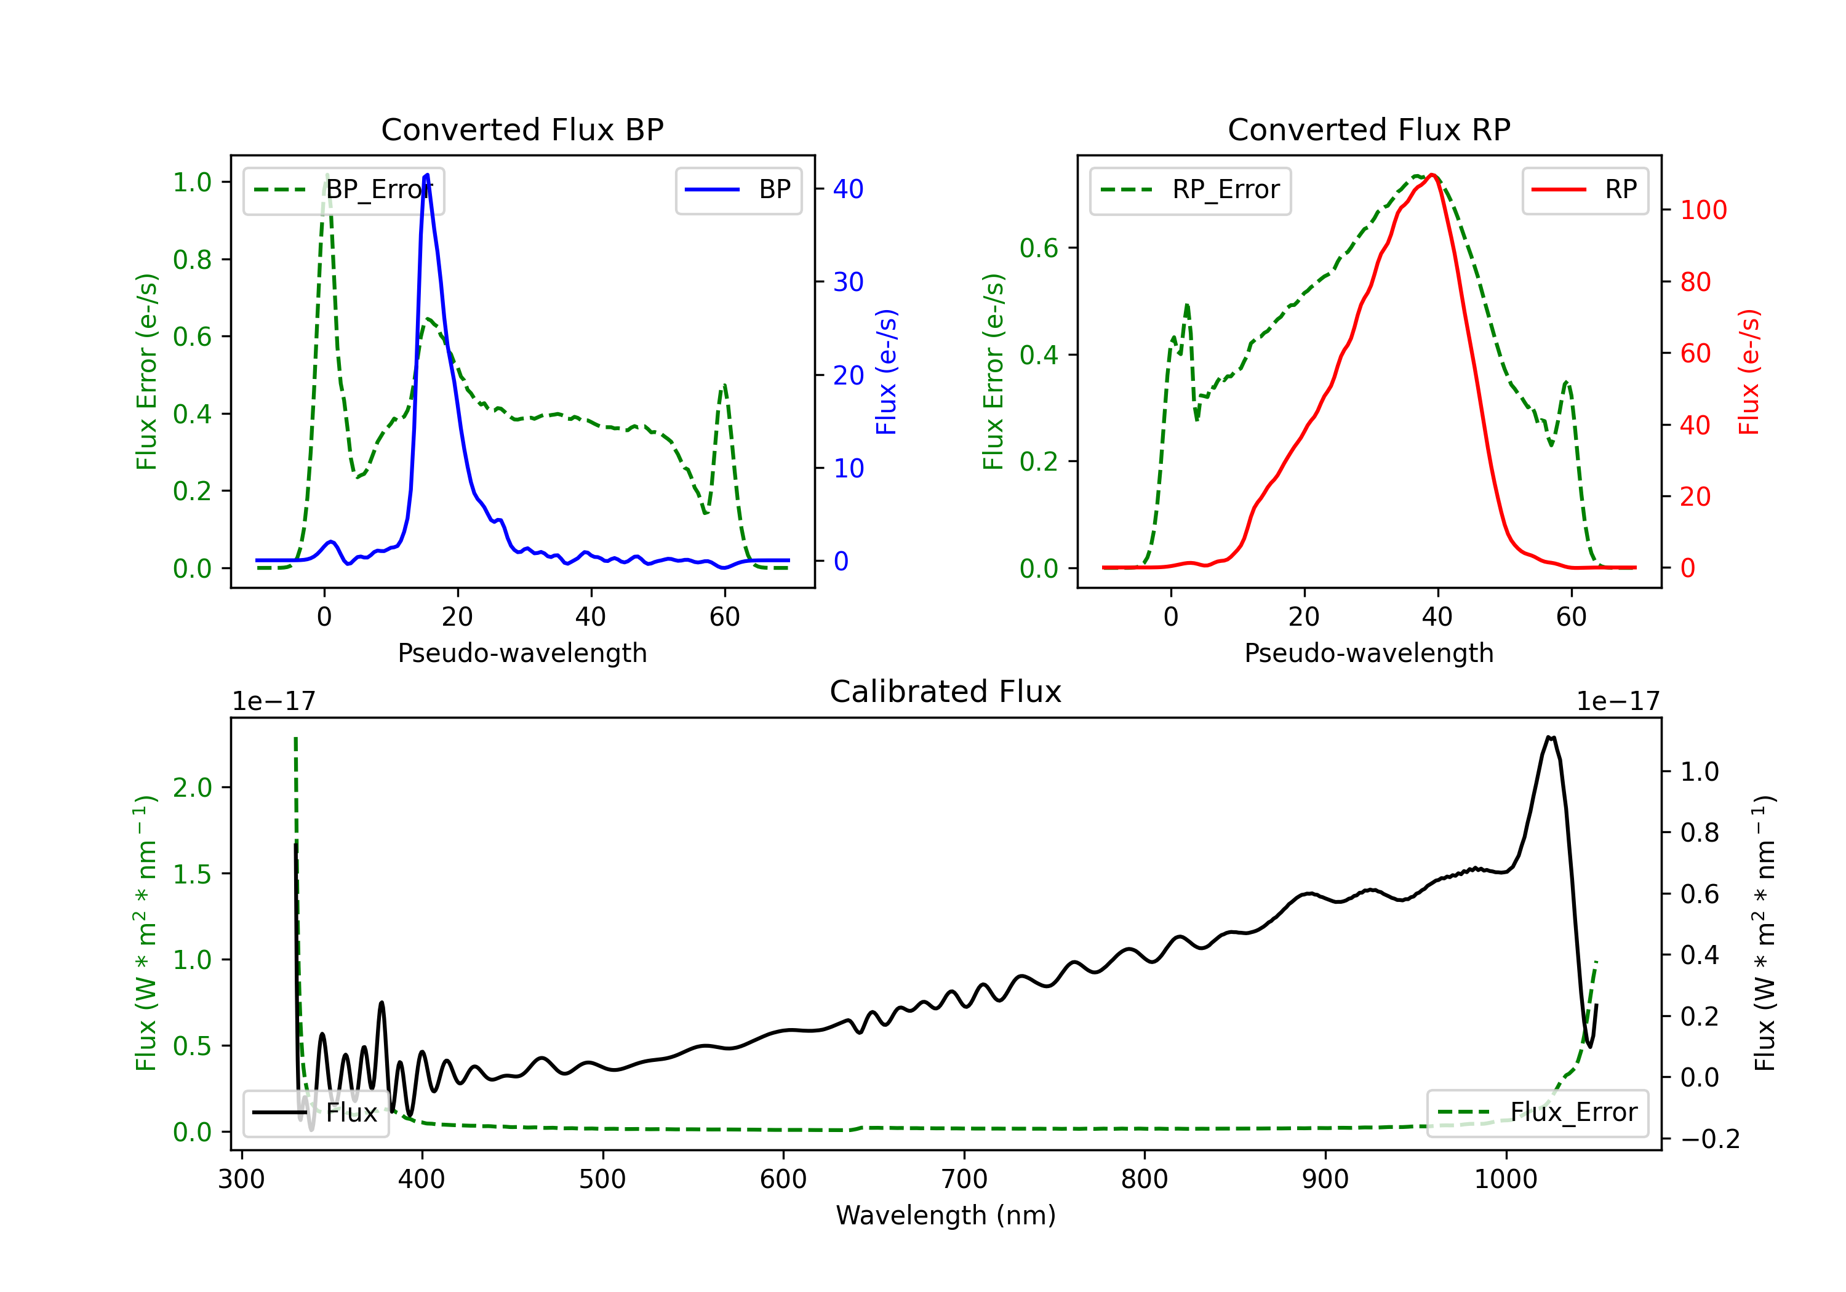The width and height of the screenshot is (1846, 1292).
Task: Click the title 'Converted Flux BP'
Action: tap(522, 129)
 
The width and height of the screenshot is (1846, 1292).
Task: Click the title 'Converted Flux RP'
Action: tap(1369, 129)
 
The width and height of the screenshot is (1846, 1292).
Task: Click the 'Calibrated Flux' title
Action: tap(946, 692)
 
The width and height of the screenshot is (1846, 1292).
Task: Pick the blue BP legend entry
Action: tap(738, 189)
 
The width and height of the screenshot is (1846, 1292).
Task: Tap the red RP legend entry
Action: tap(1584, 189)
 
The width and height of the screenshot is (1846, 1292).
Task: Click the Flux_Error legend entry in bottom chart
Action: tap(1537, 1113)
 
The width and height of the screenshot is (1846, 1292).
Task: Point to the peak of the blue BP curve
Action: tap(426, 175)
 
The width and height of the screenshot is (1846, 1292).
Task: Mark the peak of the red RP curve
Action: tap(1432, 175)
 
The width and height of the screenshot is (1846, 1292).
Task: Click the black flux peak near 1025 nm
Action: tap(1550, 736)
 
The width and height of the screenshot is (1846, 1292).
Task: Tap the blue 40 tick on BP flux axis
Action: tap(848, 189)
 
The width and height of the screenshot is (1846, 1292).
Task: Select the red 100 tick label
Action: tap(1703, 210)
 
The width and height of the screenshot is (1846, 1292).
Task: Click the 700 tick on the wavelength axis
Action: tap(963, 1179)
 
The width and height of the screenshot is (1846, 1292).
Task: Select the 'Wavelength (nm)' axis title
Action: tap(946, 1215)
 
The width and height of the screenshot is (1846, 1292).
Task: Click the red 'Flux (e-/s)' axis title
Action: tap(1749, 372)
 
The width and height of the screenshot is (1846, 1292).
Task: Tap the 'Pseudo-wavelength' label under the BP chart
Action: tap(522, 653)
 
